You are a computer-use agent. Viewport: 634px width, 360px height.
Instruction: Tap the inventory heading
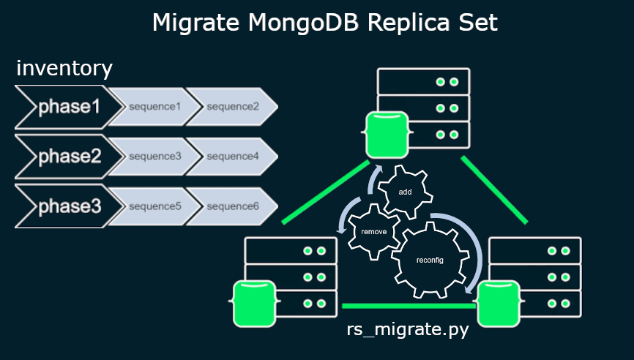point(64,68)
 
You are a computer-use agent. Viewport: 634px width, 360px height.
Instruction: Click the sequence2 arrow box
point(232,107)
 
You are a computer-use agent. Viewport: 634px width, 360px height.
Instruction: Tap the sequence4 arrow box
point(232,157)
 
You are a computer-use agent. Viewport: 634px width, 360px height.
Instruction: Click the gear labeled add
point(404,192)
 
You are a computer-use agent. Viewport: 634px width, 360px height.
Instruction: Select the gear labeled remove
point(369,231)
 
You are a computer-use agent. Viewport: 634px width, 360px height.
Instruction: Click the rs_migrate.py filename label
point(407,330)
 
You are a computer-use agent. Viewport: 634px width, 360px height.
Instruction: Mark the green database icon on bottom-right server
point(498,304)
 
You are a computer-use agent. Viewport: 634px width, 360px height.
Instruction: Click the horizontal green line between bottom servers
point(410,305)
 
